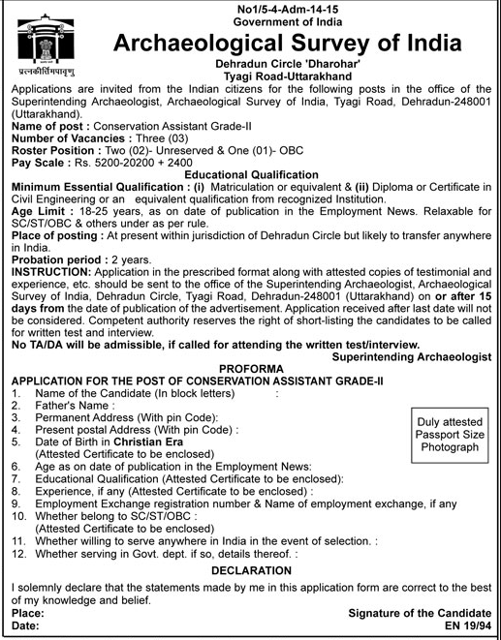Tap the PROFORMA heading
click(250, 397)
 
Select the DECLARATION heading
click(250, 571)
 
